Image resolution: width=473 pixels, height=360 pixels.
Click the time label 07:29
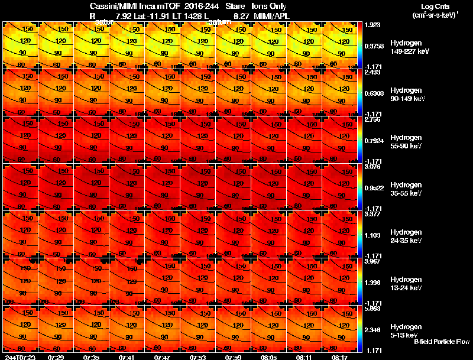coord(56,357)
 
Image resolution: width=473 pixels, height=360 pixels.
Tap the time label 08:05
coord(268,357)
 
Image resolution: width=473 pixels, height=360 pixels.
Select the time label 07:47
coord(162,357)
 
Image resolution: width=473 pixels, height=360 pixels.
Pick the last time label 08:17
coord(339,357)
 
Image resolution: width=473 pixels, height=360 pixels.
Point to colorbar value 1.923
coord(372,25)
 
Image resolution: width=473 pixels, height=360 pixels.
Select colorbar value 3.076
coord(372,167)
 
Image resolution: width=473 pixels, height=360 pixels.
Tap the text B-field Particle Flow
coord(442,342)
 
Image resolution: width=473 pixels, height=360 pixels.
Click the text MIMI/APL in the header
coord(271,15)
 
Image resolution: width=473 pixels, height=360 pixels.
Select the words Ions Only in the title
coord(269,6)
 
